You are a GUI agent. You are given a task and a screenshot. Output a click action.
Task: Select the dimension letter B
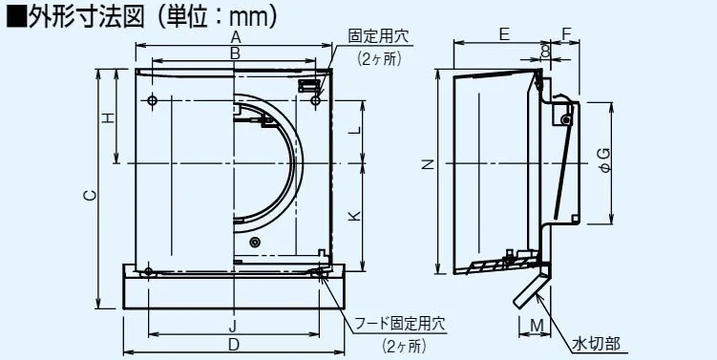click(235, 53)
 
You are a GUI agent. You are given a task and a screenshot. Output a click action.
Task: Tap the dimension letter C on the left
click(90, 196)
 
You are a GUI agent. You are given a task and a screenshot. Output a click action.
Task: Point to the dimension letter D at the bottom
click(234, 345)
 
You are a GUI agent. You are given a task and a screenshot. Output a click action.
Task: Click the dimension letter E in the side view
click(504, 34)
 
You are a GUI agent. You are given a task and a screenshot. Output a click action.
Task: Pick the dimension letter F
click(566, 34)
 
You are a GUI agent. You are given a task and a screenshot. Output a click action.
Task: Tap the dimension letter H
click(107, 118)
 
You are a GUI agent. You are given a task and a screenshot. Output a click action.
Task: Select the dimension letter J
click(233, 327)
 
